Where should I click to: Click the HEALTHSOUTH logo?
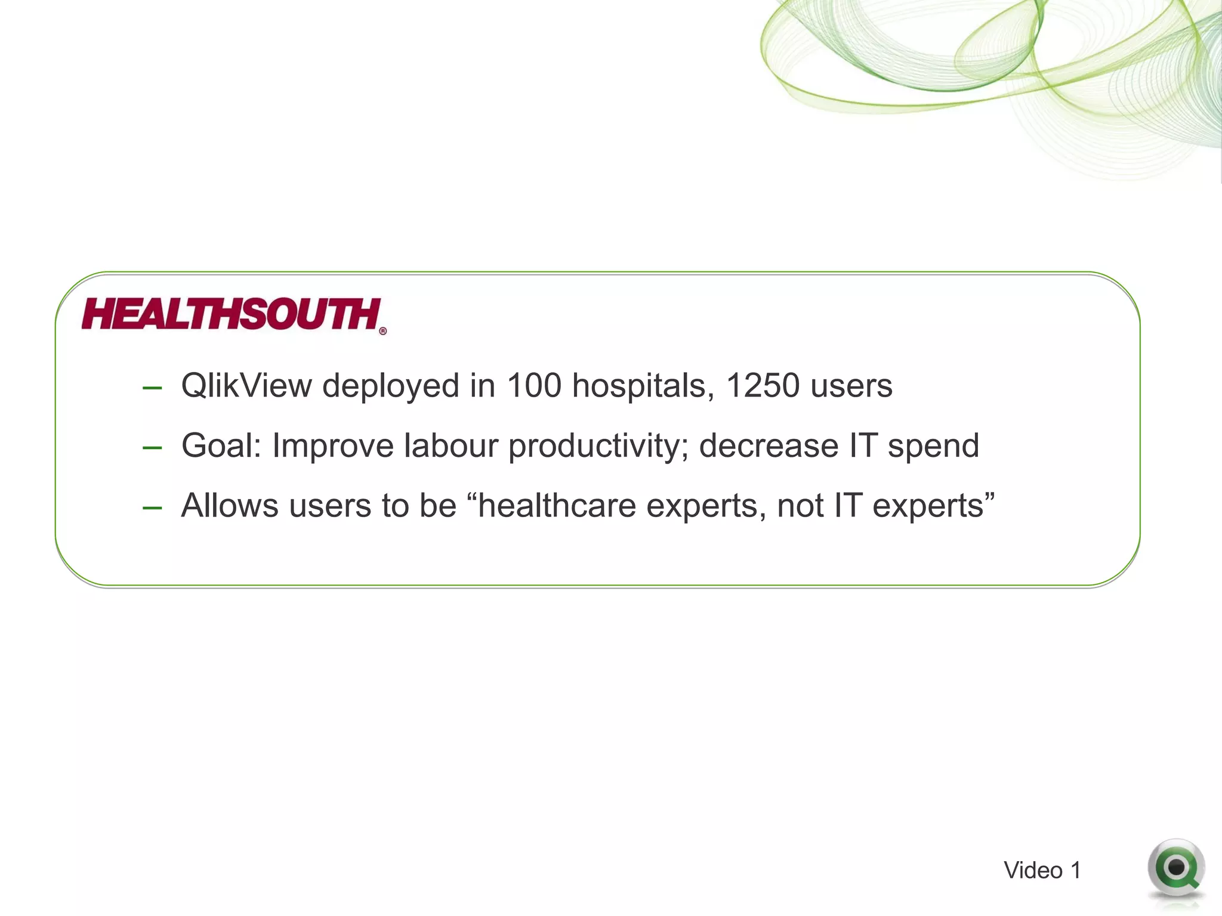pyautogui.click(x=232, y=314)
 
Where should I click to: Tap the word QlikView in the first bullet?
pyautogui.click(x=246, y=386)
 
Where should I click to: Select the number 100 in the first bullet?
pyautogui.click(x=533, y=386)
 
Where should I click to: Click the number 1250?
pyautogui.click(x=762, y=386)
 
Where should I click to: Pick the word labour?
pyautogui.click(x=450, y=446)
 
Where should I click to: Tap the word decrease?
pyautogui.click(x=769, y=446)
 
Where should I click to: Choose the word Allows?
pyautogui.click(x=230, y=506)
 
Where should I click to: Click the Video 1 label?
pyautogui.click(x=1042, y=871)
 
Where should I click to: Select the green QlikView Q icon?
pyautogui.click(x=1175, y=869)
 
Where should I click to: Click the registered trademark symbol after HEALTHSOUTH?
pyautogui.click(x=383, y=332)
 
